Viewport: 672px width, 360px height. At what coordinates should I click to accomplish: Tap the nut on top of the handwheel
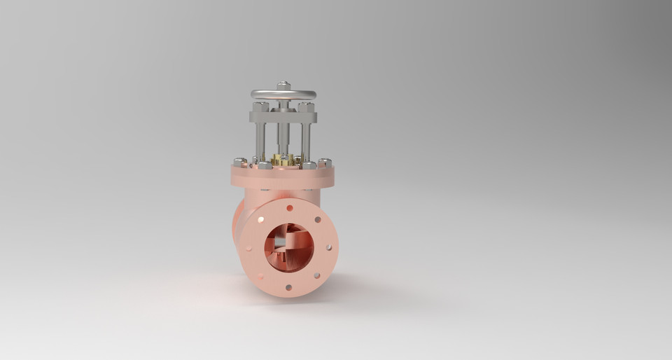283,85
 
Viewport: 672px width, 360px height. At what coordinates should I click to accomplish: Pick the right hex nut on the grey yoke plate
306,107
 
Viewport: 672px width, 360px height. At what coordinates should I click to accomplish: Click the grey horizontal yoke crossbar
283,116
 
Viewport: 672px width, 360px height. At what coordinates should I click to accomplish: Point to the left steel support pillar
261,140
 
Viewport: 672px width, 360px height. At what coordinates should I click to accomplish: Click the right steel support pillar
306,140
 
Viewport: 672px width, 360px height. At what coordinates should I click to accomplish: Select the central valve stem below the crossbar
283,137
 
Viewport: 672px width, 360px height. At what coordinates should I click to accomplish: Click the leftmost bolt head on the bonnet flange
239,162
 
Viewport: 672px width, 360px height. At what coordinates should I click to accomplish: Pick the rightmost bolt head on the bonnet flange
324,163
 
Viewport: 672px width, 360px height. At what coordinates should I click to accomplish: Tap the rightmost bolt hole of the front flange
330,247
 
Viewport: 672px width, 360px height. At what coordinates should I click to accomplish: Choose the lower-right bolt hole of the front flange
318,276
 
